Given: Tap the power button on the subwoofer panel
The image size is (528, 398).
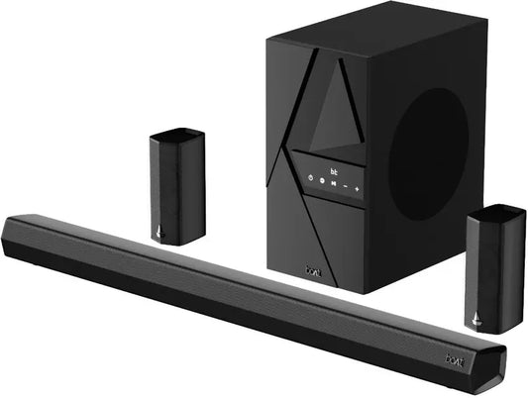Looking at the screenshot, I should (x=310, y=179).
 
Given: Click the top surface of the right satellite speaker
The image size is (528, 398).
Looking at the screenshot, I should (x=497, y=211).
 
